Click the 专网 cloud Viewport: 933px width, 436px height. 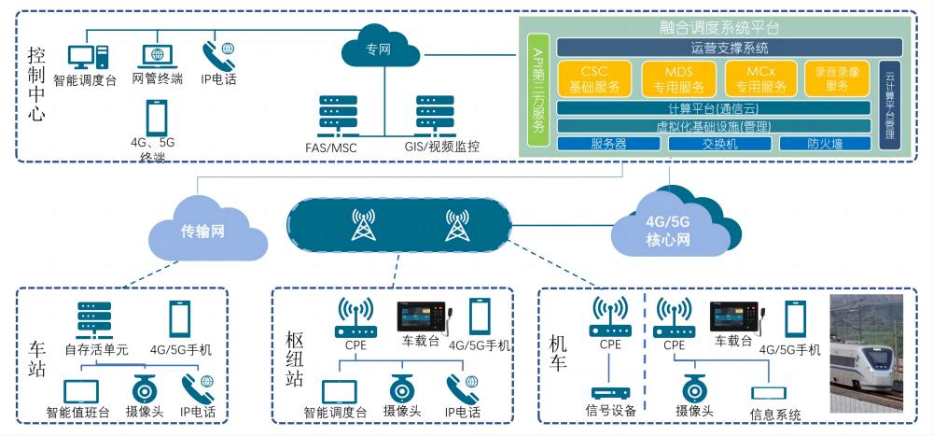[377, 49]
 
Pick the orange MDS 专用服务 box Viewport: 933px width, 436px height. [679, 78]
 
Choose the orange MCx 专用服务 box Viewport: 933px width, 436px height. [760, 78]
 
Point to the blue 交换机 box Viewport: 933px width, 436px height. [718, 144]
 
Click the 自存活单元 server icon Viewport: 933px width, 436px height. [89, 319]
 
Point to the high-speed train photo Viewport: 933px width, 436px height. [867, 354]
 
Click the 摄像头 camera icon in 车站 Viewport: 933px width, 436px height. [144, 387]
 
